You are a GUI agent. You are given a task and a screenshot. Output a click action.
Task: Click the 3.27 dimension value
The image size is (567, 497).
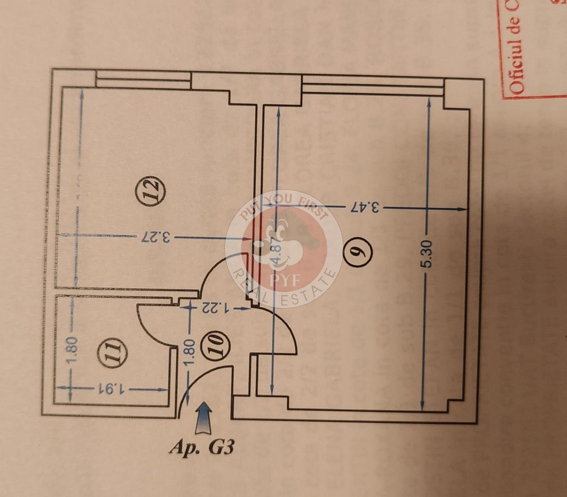coord(155,236)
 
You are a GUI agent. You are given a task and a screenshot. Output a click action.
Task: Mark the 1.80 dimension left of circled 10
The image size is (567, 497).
coord(189,352)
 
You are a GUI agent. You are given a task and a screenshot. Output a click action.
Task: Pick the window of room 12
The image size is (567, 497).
coord(143,79)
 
